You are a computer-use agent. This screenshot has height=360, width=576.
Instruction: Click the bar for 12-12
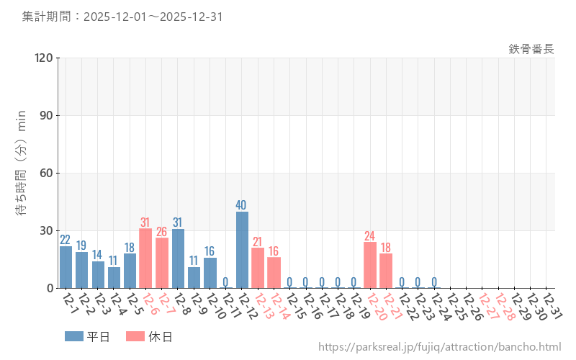(x=242, y=250)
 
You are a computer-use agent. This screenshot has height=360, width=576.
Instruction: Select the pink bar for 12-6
(x=145, y=258)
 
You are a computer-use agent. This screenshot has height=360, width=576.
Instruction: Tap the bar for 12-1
(x=66, y=267)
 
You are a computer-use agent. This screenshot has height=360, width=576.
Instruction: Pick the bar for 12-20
(x=370, y=265)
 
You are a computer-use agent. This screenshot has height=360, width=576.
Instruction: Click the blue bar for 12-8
(x=178, y=258)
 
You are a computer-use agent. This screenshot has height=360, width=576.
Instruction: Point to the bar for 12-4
(x=114, y=277)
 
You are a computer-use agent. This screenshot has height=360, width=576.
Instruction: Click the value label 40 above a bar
(x=242, y=205)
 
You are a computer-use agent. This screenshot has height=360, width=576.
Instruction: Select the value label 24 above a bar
(x=370, y=235)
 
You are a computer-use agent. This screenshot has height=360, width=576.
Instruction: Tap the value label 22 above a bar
(x=66, y=240)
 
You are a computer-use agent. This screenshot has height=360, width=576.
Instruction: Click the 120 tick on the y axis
(x=44, y=58)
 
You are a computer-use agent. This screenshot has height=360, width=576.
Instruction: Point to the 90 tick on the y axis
(x=47, y=115)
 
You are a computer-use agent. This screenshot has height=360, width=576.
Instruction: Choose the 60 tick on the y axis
(x=47, y=173)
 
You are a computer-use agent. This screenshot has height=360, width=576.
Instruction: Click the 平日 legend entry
(x=87, y=336)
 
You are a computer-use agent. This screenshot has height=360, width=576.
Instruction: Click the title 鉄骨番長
(x=531, y=49)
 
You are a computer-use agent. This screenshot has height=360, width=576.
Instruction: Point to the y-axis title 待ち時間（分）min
(x=22, y=173)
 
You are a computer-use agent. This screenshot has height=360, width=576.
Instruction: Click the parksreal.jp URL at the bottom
(x=439, y=347)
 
